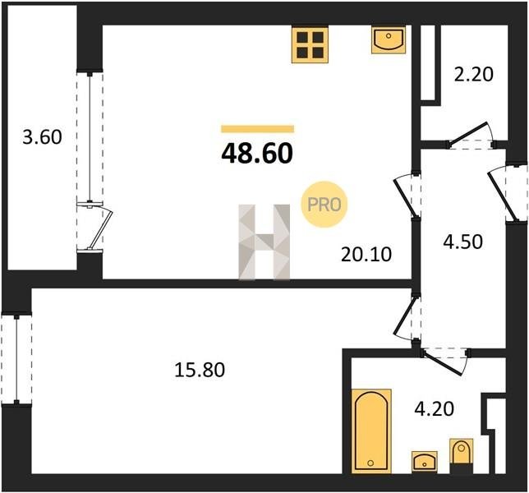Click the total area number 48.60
coord(257,154)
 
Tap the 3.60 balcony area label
coord(42,137)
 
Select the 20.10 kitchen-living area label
coord(366,254)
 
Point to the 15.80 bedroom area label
coord(200,370)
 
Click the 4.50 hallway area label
coord(463,242)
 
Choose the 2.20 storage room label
coord(474,75)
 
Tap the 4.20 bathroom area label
coord(435,408)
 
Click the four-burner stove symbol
coord(310,45)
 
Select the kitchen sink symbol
coord(389,40)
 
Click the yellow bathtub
coord(371,431)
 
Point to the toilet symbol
coord(461,455)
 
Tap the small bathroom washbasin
coord(425,461)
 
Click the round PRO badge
coord(324,205)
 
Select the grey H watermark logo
coord(264,242)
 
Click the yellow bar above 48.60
coord(257,129)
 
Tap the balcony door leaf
coord(103,228)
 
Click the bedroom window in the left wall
coord(16,359)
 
